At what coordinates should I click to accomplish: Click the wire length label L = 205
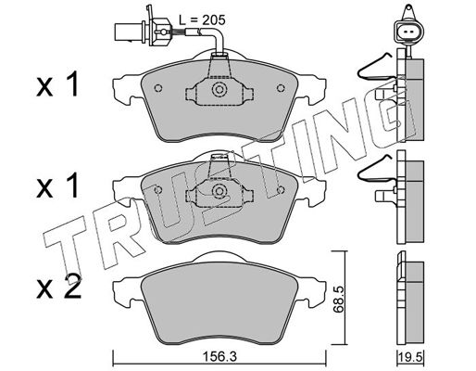[x=203, y=20]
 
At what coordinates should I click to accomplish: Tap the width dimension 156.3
[x=219, y=357]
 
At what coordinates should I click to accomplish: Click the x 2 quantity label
[x=58, y=287]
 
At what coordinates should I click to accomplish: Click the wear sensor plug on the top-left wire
[x=143, y=31]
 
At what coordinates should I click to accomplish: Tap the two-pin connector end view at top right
[x=407, y=31]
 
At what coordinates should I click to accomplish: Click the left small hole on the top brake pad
[x=158, y=88]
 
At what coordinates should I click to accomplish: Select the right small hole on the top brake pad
[x=281, y=88]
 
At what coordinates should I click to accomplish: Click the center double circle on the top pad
[x=219, y=89]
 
